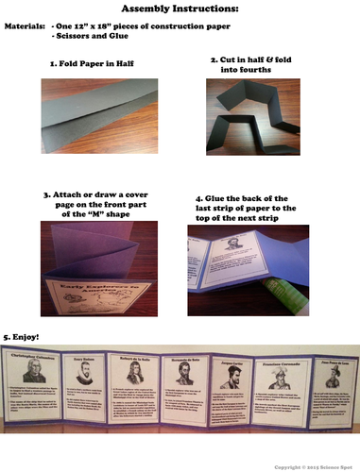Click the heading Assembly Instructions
pyautogui.click(x=180, y=11)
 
